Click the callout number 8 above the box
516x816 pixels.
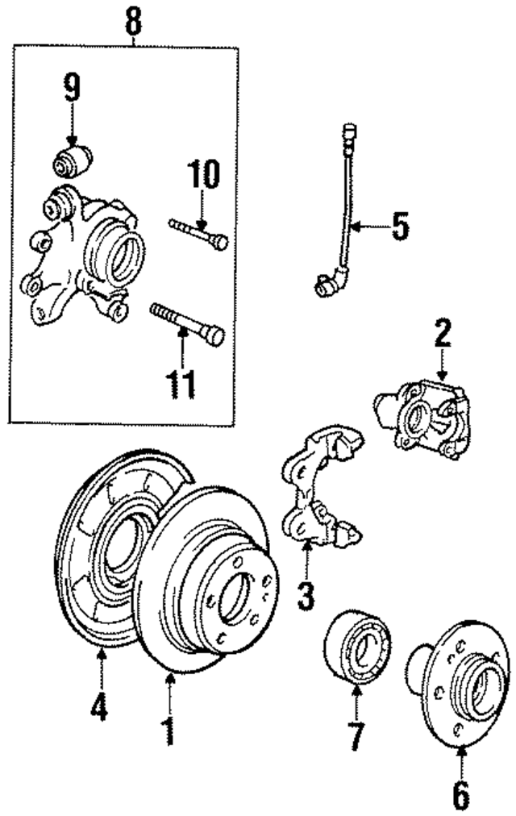click(134, 22)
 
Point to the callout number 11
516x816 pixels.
click(181, 385)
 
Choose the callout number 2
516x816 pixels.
click(442, 335)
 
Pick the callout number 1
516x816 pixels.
click(169, 731)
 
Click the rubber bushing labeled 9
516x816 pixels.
click(73, 159)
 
